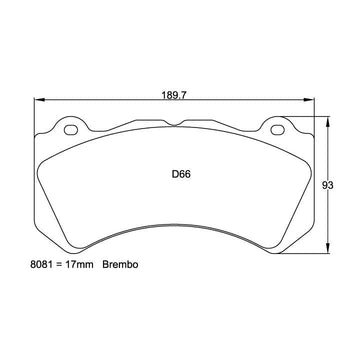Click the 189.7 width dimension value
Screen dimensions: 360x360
(x=174, y=95)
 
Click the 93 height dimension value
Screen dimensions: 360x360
(x=328, y=186)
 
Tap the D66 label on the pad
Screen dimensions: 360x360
(x=181, y=174)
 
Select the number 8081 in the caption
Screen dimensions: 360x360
(x=40, y=265)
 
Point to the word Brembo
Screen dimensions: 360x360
(x=120, y=265)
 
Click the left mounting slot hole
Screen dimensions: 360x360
(x=71, y=130)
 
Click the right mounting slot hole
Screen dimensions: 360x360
(x=278, y=130)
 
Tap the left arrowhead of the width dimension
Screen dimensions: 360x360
(x=39, y=99)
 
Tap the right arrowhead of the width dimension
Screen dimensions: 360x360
(x=309, y=99)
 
